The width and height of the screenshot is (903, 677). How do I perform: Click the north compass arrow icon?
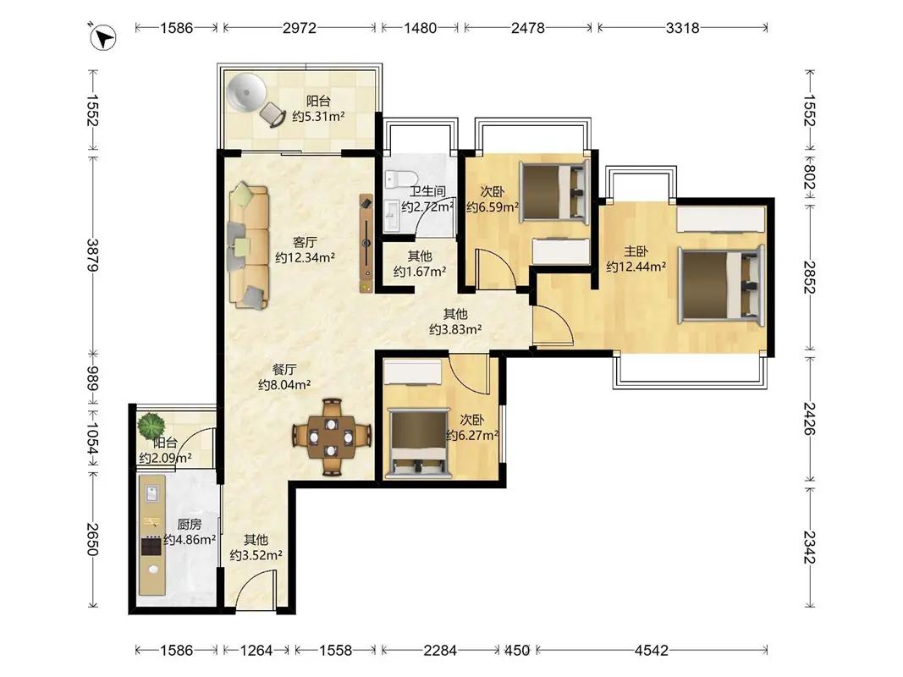[x=103, y=38]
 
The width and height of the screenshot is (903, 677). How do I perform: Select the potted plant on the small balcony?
[x=151, y=426]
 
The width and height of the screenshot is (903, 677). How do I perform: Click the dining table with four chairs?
[x=331, y=438]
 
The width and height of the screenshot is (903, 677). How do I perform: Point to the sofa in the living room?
[x=249, y=245]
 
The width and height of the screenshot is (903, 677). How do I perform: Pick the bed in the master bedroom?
[x=721, y=283]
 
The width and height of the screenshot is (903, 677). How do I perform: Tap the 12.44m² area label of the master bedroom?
[x=636, y=267]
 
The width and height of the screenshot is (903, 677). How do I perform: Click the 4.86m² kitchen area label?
[x=190, y=540]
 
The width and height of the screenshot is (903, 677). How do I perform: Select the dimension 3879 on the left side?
[x=93, y=255]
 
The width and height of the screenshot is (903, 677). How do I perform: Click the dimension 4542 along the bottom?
[x=652, y=651]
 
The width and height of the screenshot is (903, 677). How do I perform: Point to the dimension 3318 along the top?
[x=682, y=28]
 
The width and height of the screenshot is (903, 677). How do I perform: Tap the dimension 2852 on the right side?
[x=810, y=278]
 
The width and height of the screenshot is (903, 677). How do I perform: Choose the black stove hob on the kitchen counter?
[x=151, y=545]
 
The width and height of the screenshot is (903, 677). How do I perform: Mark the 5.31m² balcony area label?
[x=318, y=117]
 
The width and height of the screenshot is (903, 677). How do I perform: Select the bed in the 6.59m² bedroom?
[x=553, y=190]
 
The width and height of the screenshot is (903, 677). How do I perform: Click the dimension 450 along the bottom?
[x=516, y=651]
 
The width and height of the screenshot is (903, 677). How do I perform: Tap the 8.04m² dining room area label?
[x=284, y=384]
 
